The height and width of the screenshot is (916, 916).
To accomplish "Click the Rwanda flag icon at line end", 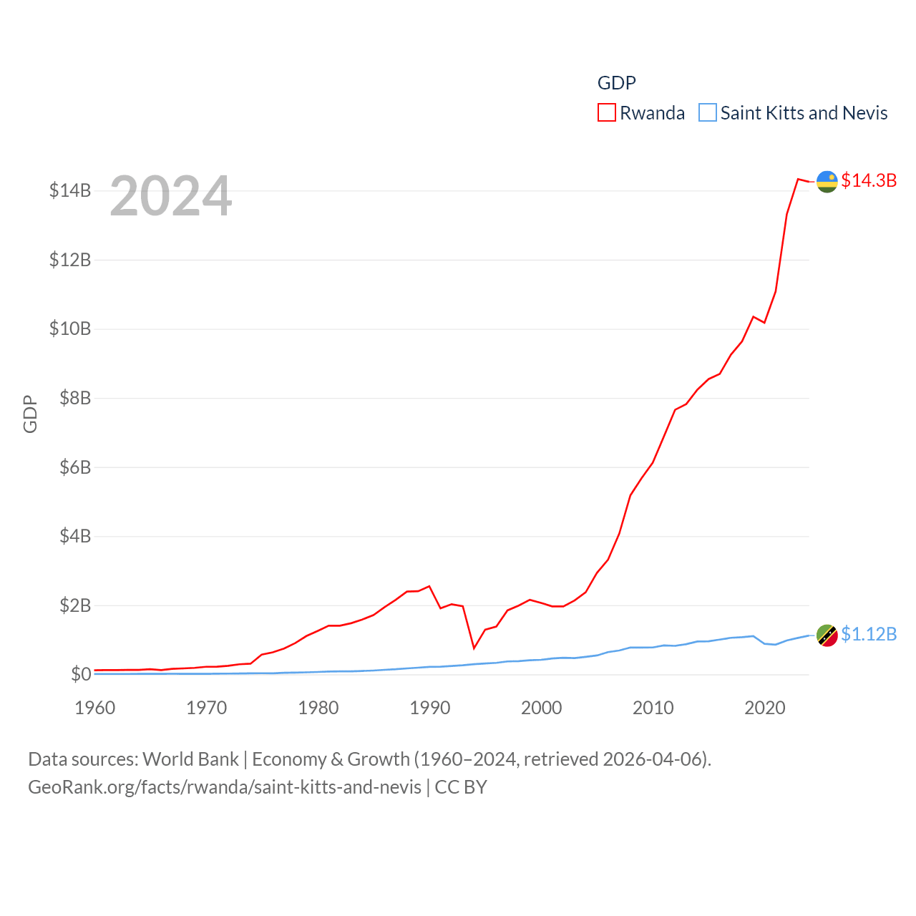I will coord(827,182).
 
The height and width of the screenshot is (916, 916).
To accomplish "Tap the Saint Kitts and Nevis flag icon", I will coord(827,635).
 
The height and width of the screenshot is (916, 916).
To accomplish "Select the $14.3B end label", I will coord(869,180).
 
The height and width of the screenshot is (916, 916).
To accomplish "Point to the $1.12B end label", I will coord(869,634).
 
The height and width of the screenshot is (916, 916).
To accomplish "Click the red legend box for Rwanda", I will coord(607,113).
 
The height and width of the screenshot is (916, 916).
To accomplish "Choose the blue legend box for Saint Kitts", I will coord(708,113).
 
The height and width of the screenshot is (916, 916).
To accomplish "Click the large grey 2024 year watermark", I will coord(171,196).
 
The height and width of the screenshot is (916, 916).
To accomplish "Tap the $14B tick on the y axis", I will coord(70,190).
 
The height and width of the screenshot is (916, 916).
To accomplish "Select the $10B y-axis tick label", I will coord(70,328).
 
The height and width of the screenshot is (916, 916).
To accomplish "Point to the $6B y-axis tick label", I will coord(75,467).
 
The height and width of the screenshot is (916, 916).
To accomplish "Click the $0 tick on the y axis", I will coord(81,674).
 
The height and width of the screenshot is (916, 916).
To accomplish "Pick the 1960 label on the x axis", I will coord(95,708).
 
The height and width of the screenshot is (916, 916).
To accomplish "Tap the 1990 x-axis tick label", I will coord(430,708).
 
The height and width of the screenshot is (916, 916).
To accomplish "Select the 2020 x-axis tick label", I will coord(765,708).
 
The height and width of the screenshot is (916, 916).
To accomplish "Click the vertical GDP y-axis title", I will coord(30,414).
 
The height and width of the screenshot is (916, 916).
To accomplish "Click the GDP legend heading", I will coord(617,83).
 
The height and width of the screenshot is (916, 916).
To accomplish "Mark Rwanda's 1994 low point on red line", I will coord(474,648).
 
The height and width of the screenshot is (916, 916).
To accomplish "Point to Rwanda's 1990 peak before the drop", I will coord(429,586).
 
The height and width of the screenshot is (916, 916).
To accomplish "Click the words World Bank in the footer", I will coord(191,759).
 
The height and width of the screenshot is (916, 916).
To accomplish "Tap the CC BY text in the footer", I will coord(461,787).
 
